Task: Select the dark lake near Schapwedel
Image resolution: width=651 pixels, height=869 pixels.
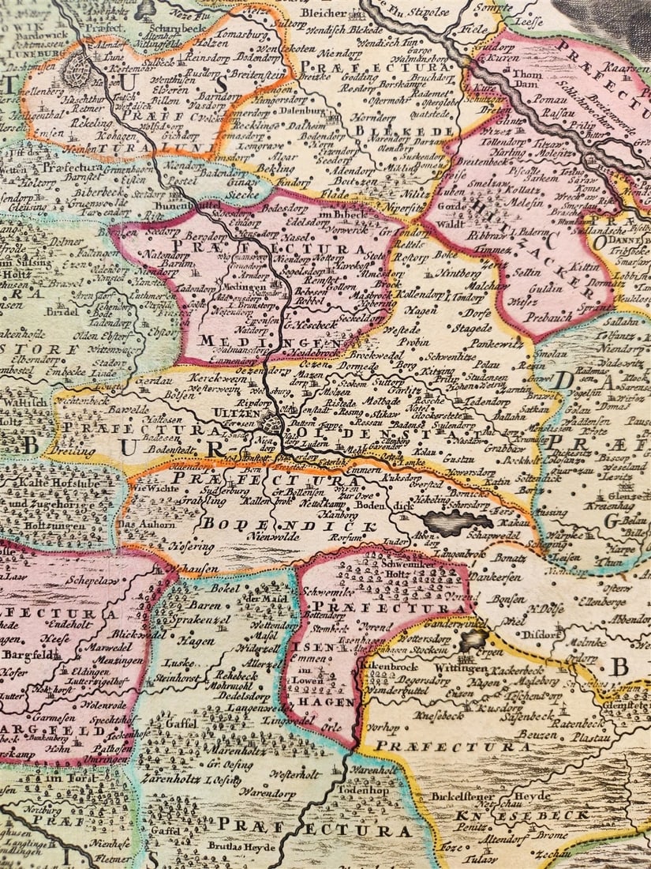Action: pos(457,521)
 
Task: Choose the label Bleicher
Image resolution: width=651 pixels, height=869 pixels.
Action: pos(324,13)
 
